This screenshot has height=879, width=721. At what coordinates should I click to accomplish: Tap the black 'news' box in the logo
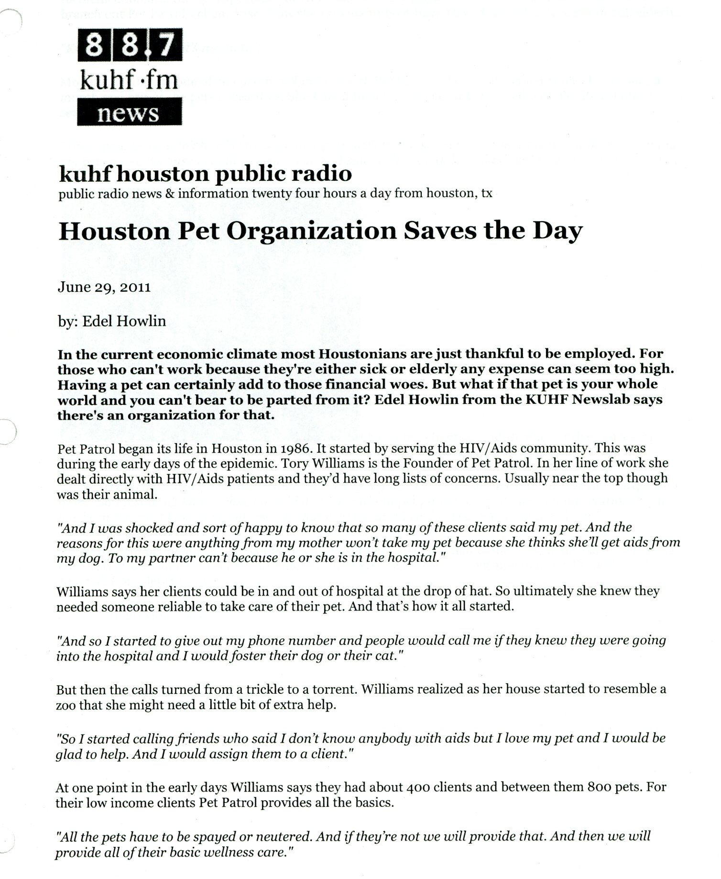pos(129,112)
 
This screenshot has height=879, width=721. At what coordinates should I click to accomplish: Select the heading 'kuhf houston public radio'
pos(205,174)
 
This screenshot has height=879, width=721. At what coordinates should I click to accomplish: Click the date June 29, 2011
pos(104,287)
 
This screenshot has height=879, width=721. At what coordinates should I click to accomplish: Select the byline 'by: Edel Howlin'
pos(111,321)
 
